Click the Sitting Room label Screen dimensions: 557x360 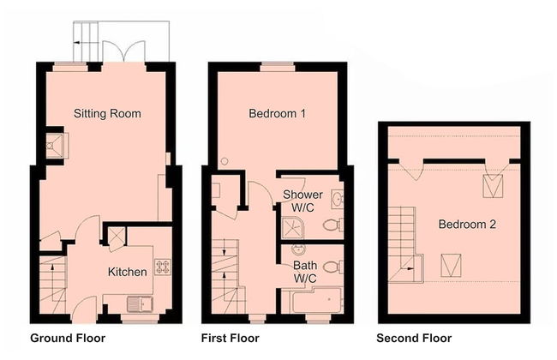coord(107,113)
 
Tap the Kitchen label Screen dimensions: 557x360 coord(127,272)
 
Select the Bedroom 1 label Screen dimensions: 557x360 coord(277,113)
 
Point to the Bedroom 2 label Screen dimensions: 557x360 coord(467,225)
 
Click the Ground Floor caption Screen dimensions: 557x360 coord(68,338)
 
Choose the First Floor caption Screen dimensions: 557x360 coord(231,338)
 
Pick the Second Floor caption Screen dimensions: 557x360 coord(414,338)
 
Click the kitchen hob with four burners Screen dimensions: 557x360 coord(163,267)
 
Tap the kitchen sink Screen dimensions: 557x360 coord(140,304)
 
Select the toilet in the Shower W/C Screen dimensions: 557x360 coord(333,225)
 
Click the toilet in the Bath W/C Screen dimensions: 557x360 coord(333,267)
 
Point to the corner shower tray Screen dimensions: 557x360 coord(293,228)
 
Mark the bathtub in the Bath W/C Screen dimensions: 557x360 coord(316,300)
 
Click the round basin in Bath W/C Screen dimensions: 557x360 coord(299,249)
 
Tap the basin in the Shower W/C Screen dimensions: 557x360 coord(337,199)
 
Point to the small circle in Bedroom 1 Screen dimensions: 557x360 coord(225,161)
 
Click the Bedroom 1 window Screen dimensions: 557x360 coord(278,67)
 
